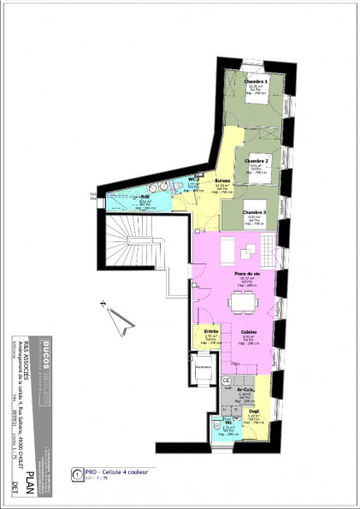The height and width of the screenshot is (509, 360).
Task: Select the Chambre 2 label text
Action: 257,160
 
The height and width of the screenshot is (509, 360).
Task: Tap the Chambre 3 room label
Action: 252,211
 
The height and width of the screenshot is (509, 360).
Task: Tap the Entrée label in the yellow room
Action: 212,331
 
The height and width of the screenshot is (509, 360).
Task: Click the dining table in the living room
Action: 248,302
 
